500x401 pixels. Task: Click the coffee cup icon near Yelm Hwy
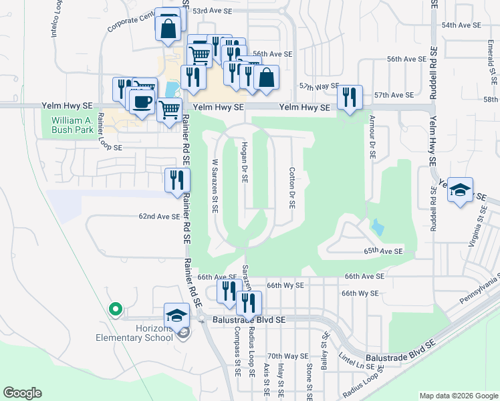[x=141, y=102]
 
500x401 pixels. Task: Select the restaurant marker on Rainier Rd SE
[x=176, y=180]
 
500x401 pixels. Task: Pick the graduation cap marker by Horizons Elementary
[x=176, y=315]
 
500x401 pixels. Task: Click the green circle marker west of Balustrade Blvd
[x=115, y=309]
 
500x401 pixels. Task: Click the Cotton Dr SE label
[x=292, y=188]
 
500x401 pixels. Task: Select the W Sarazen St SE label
[x=215, y=185]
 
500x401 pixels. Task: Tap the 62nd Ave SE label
[x=159, y=217]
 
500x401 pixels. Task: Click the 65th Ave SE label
[x=384, y=251]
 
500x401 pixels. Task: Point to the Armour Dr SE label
[x=372, y=138]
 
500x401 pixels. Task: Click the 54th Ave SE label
[x=461, y=25]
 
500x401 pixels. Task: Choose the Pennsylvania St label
[x=480, y=291]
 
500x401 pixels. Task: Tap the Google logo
[x=23, y=393]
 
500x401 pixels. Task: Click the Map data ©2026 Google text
[x=458, y=396]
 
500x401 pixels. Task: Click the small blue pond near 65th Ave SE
[x=377, y=227]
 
